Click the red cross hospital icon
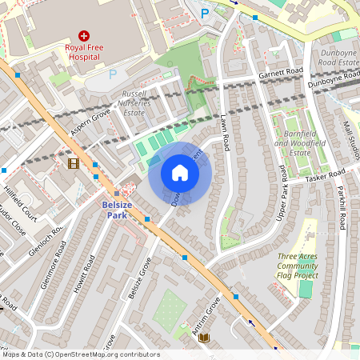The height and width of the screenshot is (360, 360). tap(83, 35)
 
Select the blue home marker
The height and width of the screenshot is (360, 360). tap(180, 172)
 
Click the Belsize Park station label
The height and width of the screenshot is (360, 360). tap(117, 210)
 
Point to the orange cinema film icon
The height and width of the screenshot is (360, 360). tap(74, 163)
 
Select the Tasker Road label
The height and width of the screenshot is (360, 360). tap(325, 175)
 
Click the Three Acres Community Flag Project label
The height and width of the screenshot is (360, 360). tap(298, 266)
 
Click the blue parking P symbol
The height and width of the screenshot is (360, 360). tap(205, 13)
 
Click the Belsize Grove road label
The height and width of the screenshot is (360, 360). tap(139, 278)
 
